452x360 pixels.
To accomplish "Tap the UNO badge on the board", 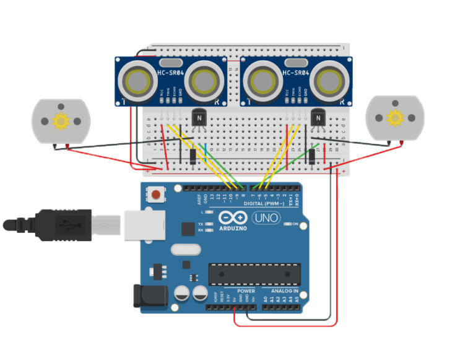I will [266, 217].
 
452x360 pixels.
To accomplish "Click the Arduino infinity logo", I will [230, 217].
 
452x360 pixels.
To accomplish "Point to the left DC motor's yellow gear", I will [61, 121].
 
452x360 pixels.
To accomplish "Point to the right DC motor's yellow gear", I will [394, 116].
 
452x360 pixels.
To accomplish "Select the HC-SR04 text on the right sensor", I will [295, 73].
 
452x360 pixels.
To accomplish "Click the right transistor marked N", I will [319, 116].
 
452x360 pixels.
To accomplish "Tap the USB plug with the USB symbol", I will [63, 224].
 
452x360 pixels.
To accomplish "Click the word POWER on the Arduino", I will [246, 290].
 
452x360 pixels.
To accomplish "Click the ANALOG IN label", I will [284, 290].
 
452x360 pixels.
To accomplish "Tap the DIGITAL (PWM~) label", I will [264, 203].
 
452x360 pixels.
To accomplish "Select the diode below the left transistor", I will [193, 156].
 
